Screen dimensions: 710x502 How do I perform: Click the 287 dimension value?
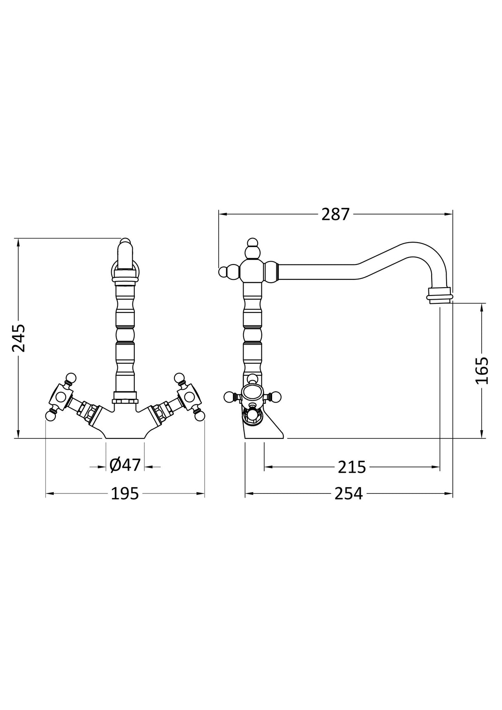pyautogui.click(x=335, y=214)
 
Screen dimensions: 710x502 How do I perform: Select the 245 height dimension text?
pyautogui.click(x=19, y=338)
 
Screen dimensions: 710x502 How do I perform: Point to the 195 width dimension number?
pyautogui.click(x=125, y=493)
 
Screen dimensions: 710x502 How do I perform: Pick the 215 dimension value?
pyautogui.click(x=352, y=467)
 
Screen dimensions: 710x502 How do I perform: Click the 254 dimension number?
pyautogui.click(x=348, y=493)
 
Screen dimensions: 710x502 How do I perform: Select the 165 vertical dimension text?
pyautogui.click(x=482, y=370)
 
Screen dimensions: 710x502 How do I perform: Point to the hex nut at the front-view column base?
pyautogui.click(x=125, y=400)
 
